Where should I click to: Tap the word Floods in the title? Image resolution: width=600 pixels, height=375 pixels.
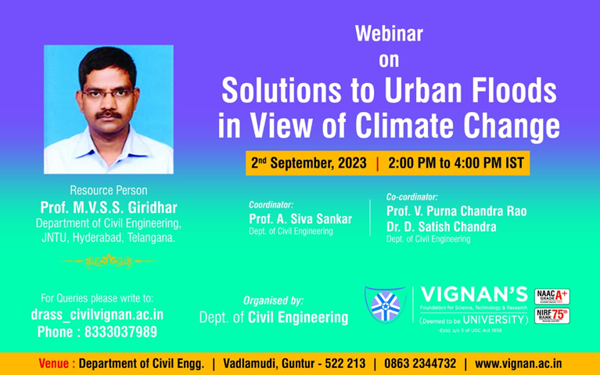tap(512, 92)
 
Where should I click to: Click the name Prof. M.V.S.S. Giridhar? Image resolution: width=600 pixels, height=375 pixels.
tap(108, 207)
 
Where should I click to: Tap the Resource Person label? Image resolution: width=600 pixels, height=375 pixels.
tap(108, 190)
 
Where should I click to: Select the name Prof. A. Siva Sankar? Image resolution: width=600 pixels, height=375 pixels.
tap(301, 218)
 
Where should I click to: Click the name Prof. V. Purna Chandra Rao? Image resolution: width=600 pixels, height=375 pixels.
tap(456, 211)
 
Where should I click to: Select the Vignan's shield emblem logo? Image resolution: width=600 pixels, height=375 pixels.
tap(384, 306)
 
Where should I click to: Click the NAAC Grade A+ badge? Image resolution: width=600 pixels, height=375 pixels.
tap(551, 297)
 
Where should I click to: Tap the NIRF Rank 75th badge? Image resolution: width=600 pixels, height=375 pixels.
tap(551, 316)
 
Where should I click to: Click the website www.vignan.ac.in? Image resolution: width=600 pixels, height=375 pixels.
tap(519, 364)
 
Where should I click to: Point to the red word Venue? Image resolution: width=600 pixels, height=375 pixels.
tap(56, 364)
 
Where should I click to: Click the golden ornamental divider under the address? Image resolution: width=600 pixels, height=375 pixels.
tap(109, 261)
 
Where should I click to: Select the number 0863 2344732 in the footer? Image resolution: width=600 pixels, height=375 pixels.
tap(419, 364)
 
